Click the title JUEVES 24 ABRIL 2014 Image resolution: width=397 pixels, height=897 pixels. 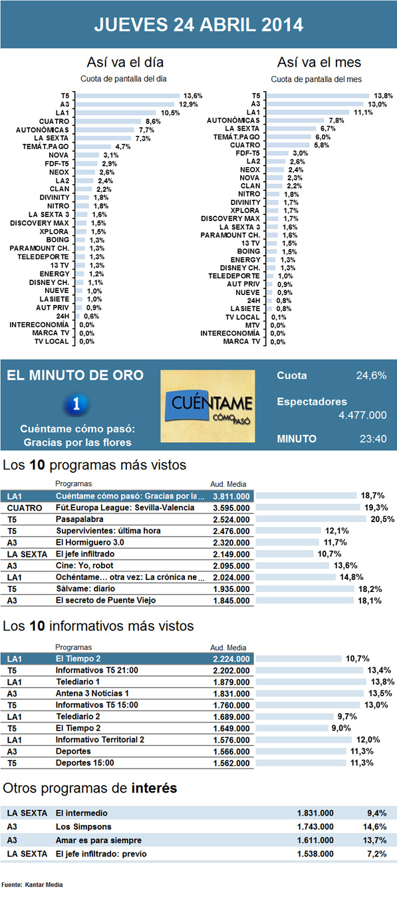(x=198, y=25)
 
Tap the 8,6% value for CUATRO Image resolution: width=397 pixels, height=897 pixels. (x=153, y=121)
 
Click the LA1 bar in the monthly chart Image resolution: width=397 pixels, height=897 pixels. (x=315, y=113)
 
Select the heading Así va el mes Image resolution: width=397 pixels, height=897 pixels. (x=319, y=63)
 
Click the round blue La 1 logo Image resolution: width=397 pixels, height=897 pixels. (x=78, y=403)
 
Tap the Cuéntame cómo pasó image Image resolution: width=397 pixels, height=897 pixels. (x=208, y=405)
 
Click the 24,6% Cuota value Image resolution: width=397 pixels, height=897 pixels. (x=371, y=376)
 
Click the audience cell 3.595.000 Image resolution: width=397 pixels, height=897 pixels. (x=231, y=507)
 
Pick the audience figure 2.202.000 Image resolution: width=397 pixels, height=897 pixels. (x=231, y=670)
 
